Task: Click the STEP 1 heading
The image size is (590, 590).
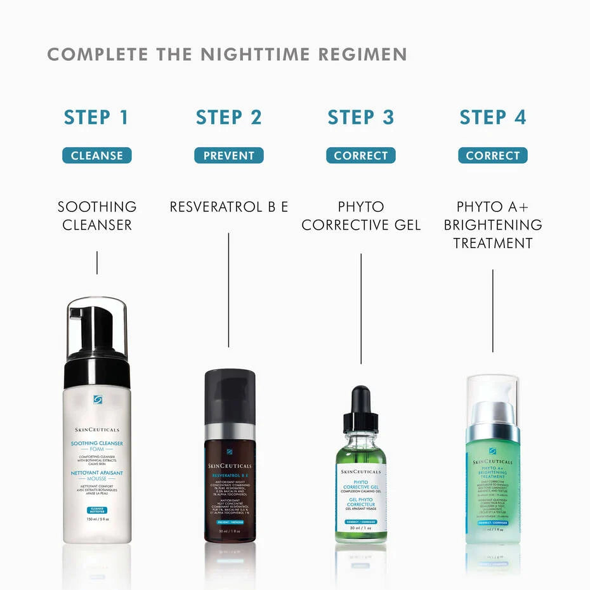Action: (x=96, y=117)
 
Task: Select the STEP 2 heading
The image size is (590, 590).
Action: (x=228, y=117)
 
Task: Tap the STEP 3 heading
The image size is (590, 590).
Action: (x=360, y=117)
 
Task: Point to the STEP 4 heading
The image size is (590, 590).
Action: (x=493, y=117)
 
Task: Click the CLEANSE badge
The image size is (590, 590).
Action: (x=96, y=155)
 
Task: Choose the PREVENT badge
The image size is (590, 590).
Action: (x=228, y=155)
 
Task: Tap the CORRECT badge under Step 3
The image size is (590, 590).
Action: (x=360, y=155)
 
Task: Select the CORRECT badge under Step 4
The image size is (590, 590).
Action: (x=493, y=155)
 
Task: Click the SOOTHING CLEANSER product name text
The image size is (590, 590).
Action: (x=96, y=216)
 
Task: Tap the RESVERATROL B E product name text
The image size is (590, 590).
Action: (x=228, y=207)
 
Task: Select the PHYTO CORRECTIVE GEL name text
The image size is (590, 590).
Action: (x=360, y=216)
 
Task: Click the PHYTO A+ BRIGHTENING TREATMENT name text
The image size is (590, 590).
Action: (x=493, y=225)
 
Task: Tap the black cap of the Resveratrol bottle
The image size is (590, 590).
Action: (x=230, y=397)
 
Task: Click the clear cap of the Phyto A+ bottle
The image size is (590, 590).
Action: (x=493, y=390)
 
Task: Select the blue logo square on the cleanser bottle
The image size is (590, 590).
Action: (x=97, y=399)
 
